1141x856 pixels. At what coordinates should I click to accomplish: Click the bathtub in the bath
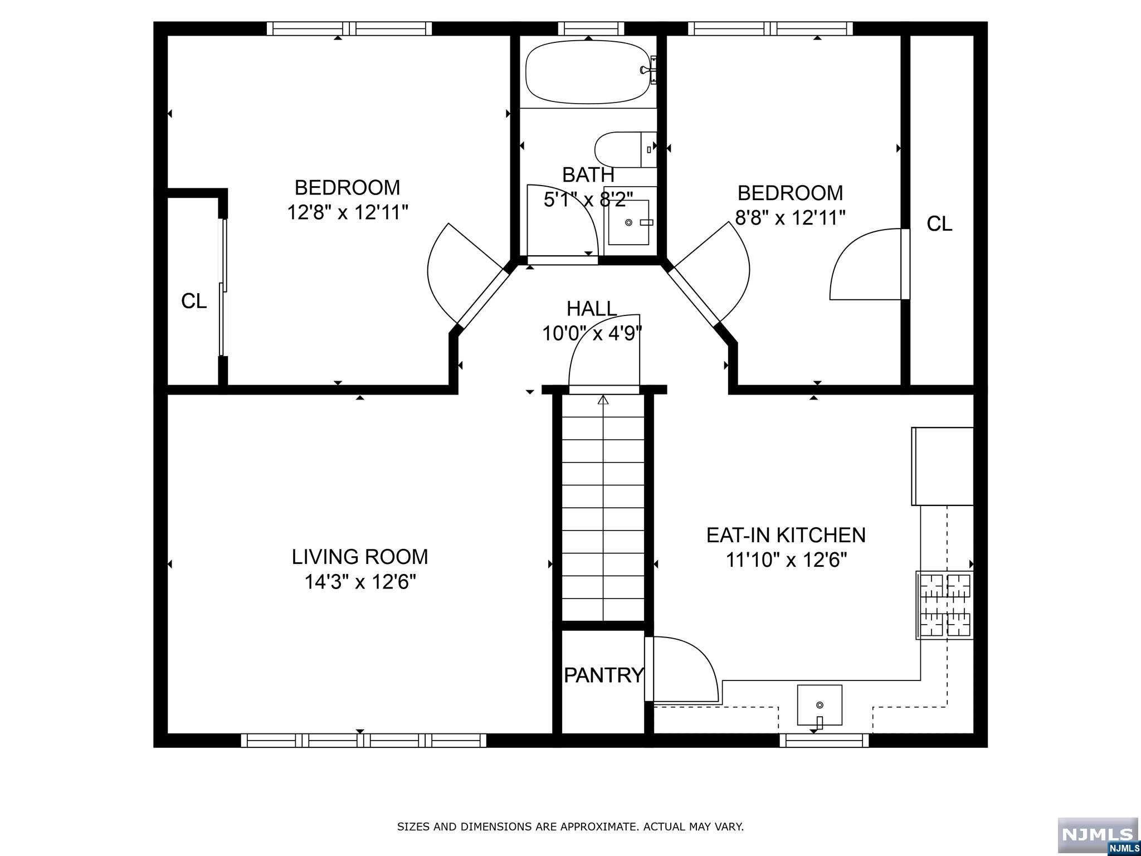point(591,72)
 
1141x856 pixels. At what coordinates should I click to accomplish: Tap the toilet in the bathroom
point(626,149)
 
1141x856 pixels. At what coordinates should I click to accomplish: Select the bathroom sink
point(628,222)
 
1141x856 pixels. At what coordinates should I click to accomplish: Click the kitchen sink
point(819,705)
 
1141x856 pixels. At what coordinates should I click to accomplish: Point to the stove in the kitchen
point(945,605)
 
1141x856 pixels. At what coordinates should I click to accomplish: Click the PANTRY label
point(604,675)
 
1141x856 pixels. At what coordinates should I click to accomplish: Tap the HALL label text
point(592,308)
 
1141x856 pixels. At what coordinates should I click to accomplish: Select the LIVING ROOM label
point(360,556)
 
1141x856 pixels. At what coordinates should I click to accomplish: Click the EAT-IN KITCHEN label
point(786,535)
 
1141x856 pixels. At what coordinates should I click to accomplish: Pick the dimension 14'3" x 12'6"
point(360,582)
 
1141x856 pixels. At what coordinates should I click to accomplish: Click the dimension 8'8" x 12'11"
point(791,217)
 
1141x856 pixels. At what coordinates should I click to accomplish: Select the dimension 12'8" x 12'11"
point(348,212)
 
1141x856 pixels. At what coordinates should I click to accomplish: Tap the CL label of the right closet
point(939,223)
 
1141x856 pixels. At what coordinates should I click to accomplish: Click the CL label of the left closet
point(194,301)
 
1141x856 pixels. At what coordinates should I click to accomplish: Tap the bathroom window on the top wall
point(591,28)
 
